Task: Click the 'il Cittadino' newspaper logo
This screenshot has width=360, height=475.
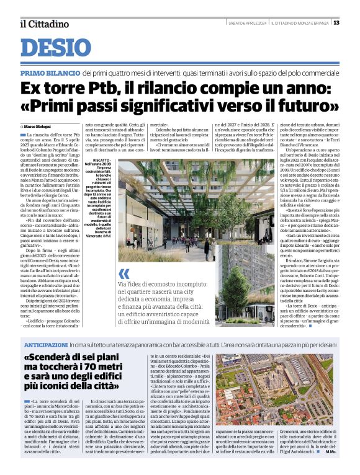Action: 44,24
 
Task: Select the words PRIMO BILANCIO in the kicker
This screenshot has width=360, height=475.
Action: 48,73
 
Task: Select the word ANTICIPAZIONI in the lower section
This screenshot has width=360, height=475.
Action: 45,344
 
